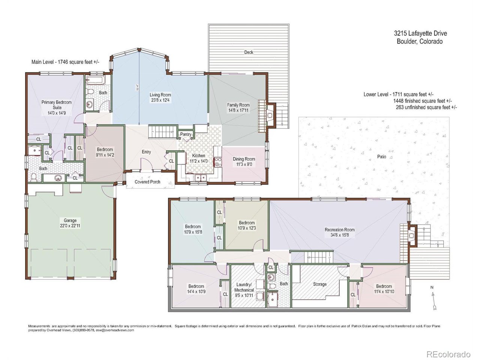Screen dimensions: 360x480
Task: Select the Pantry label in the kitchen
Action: point(186,134)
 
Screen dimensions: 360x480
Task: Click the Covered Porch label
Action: point(147,182)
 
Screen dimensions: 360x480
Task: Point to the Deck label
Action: point(249,52)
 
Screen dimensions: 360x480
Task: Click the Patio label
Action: point(381,157)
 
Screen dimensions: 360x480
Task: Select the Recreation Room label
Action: point(339,229)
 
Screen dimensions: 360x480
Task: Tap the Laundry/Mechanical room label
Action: point(244,287)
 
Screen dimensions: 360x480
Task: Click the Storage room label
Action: point(319,284)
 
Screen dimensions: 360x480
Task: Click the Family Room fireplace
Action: point(271,115)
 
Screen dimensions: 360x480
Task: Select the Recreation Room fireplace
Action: point(411,235)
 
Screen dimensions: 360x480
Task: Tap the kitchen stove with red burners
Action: point(217,162)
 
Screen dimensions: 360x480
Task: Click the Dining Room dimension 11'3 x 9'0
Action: point(244,164)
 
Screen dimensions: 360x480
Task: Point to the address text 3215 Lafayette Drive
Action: point(422,33)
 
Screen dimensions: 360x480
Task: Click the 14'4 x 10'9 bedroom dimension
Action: point(196,291)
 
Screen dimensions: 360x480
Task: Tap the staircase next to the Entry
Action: point(162,131)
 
